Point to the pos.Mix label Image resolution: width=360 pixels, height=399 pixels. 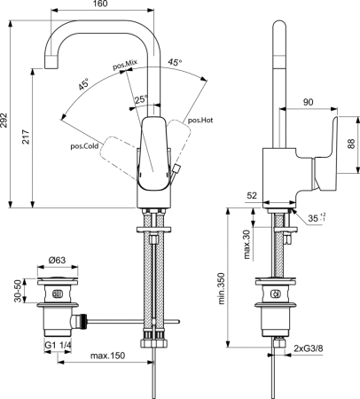125,65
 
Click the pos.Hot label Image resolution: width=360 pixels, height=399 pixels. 200,120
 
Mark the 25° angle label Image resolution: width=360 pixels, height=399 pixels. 142,98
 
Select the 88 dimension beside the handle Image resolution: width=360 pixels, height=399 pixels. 349,143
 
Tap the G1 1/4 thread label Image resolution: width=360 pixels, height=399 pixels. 59,344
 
